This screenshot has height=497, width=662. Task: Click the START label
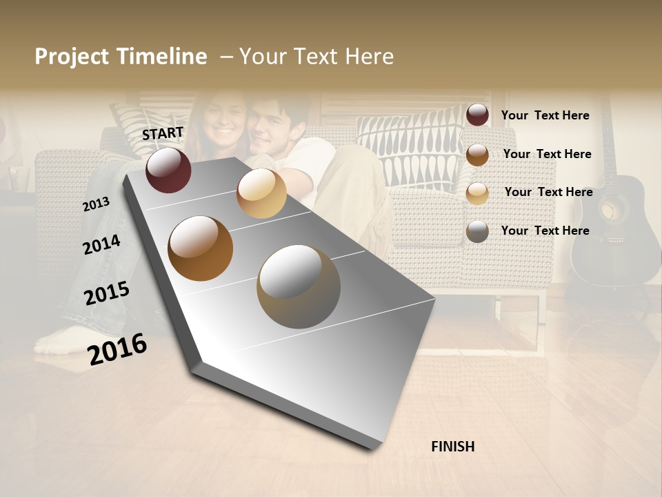[x=163, y=133]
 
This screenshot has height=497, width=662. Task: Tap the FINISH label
[x=453, y=447]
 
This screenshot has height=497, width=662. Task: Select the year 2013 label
[x=97, y=204]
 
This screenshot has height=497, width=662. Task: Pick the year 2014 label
[x=101, y=244]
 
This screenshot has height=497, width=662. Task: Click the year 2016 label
[x=117, y=349]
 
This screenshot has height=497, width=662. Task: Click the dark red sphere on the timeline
[x=168, y=170]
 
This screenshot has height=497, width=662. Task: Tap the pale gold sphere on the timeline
[x=261, y=193]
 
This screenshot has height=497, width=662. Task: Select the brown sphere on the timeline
[x=201, y=248]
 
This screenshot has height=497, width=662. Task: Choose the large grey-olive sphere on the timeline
[x=299, y=286]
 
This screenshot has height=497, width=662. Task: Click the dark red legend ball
[x=477, y=115]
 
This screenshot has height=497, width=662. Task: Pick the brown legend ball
[x=477, y=155]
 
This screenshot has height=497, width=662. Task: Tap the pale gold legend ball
[x=477, y=193]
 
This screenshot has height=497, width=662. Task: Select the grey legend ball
[x=477, y=231]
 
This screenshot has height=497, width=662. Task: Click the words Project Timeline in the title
[x=121, y=57]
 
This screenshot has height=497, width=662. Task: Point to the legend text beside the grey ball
[x=545, y=231]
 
